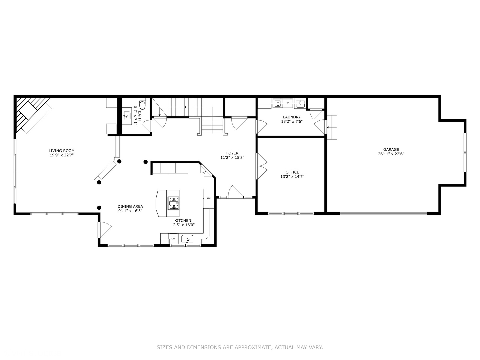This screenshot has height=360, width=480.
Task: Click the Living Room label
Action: (x=61, y=151)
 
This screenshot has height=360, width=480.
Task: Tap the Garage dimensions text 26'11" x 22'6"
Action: (x=391, y=154)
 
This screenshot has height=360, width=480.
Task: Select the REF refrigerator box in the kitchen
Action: (x=208, y=198)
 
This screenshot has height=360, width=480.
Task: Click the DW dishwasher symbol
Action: (x=173, y=239)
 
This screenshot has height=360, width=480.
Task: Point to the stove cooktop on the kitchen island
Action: (x=173, y=203)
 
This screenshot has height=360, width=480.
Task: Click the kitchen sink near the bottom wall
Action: (x=187, y=239)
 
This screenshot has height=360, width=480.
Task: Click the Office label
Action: (x=292, y=172)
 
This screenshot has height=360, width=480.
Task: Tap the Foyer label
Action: (x=232, y=153)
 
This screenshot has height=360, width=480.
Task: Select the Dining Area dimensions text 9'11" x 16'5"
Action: (x=130, y=211)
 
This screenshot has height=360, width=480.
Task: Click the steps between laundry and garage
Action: (x=332, y=127)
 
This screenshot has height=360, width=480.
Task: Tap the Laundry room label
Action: (x=292, y=117)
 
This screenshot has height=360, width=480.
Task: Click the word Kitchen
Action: (x=183, y=220)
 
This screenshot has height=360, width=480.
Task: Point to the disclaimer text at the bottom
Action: (x=240, y=347)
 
